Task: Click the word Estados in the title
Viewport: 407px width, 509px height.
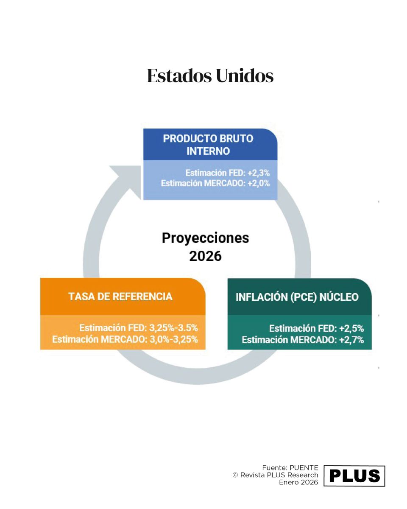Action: tap(178, 76)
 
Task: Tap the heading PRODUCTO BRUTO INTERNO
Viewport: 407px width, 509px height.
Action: tap(208, 145)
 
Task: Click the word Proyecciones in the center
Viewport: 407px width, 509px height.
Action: tap(205, 238)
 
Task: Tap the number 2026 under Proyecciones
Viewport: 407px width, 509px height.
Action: tap(205, 256)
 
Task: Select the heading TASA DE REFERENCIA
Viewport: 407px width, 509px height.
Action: tap(120, 296)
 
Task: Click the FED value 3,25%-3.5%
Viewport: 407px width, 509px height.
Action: tap(173, 328)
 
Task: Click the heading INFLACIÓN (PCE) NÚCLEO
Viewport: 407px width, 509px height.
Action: tap(297, 297)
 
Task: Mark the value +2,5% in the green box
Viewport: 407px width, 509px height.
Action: tap(351, 329)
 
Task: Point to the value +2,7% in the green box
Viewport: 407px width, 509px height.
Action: tap(351, 339)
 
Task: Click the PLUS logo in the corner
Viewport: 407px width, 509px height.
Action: tap(354, 476)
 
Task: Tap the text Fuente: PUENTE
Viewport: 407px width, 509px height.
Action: tap(290, 467)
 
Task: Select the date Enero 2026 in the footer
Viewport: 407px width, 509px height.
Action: tap(298, 483)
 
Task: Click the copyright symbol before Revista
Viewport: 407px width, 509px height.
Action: tap(235, 475)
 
